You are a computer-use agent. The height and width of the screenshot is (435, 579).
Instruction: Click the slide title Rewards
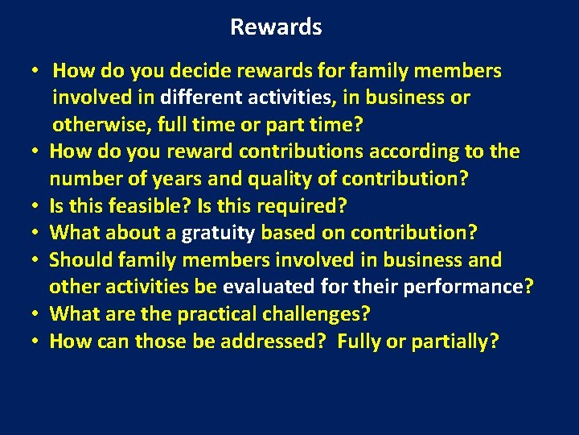coord(276,27)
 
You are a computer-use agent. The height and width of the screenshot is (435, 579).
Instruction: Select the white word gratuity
coord(218,234)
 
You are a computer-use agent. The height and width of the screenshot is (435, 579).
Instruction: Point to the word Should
coord(81,260)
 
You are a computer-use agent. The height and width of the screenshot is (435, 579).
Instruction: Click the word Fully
coord(359,342)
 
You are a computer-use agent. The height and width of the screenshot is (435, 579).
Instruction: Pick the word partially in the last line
coord(454,342)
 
